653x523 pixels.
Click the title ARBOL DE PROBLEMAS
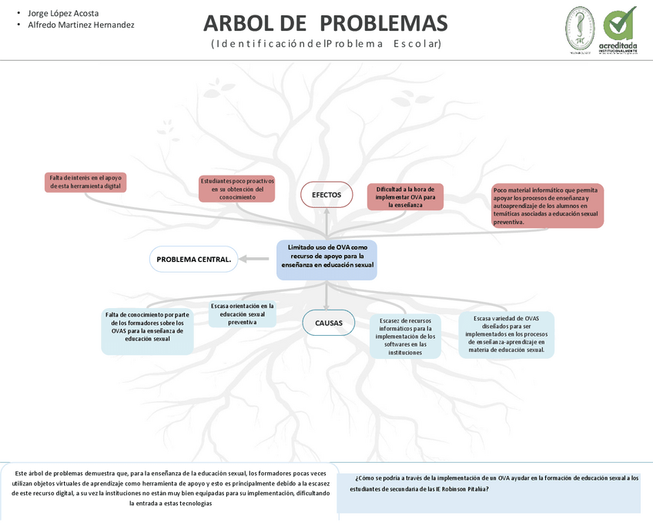[x=325, y=23]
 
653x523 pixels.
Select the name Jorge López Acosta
[x=63, y=13]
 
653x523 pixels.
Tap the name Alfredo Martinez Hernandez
[x=81, y=25]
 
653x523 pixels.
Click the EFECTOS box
[x=326, y=195]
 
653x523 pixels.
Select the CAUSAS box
[x=329, y=323]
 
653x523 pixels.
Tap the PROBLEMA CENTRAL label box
[x=194, y=260]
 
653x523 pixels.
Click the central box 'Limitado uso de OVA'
[x=327, y=260]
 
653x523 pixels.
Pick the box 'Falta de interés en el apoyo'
[x=85, y=182]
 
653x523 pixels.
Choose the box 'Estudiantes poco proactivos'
[x=237, y=189]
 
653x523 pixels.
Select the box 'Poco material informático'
[x=548, y=206]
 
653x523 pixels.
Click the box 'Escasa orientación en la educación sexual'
[x=243, y=314]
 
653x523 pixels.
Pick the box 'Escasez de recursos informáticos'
[x=405, y=336]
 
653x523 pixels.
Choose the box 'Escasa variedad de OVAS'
[x=506, y=334]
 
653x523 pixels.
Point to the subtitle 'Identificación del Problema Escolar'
[x=326, y=44]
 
